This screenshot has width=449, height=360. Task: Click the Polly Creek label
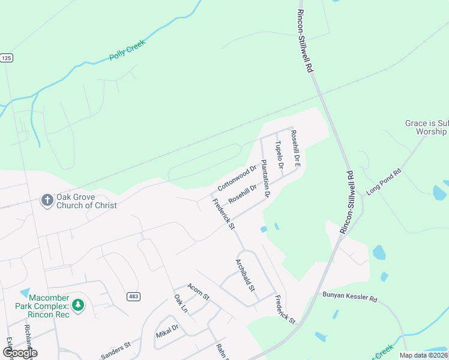(127, 51)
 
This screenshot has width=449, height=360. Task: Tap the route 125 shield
(7, 58)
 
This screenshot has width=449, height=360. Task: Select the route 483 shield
(133, 296)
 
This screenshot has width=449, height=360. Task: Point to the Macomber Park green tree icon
(77, 305)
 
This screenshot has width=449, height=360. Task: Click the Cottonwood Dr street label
(237, 178)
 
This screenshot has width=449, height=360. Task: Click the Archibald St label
(246, 275)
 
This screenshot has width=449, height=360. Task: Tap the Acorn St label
(198, 292)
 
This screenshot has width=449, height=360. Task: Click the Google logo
(20, 353)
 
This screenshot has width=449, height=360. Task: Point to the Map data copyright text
(423, 355)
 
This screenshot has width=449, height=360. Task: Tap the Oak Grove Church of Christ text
(86, 201)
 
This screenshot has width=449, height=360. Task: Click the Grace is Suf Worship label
(426, 127)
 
